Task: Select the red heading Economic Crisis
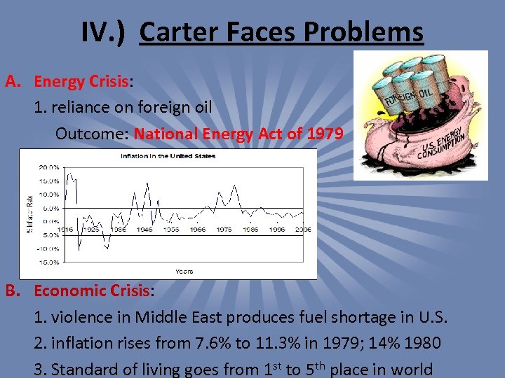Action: tap(91, 290)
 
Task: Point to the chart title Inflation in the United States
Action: tap(168, 155)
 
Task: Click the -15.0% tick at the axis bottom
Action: tap(48, 262)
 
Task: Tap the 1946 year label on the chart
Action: tap(144, 229)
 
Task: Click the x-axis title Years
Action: tap(184, 271)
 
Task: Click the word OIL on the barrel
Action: tap(425, 92)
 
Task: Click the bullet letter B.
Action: tap(12, 290)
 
